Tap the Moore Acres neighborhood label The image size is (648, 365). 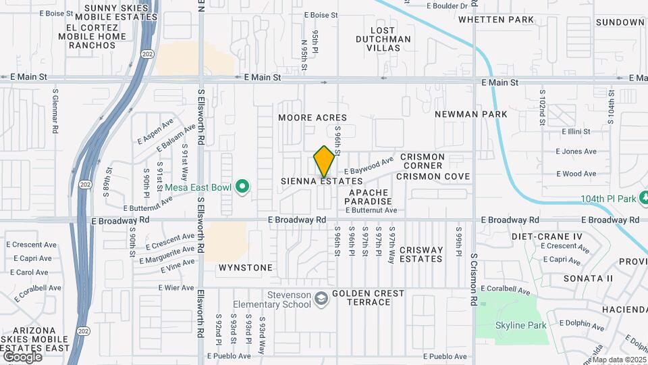tap(313, 118)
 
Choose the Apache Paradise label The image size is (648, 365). tap(369, 197)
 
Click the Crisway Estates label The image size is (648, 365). tap(421, 254)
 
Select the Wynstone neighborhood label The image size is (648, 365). tap(246, 268)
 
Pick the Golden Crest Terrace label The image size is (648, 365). tap(368, 297)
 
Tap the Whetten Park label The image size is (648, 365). tap(492, 20)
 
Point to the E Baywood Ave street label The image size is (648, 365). tap(369, 166)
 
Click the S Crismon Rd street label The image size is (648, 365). tap(475, 278)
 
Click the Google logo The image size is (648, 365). tap(22, 356)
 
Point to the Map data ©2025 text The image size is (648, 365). tap(619, 360)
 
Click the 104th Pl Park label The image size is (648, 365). tap(610, 199)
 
